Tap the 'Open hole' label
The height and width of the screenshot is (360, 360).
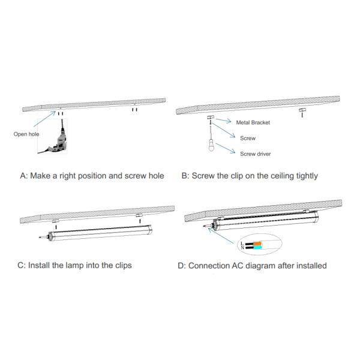pos(26,134)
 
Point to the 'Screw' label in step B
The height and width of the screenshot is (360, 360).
pos(248,138)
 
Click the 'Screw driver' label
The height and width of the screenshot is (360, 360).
pos(256,154)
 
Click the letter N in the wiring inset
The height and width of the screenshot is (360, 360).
pos(241,248)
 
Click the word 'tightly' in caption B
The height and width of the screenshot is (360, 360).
pos(302,176)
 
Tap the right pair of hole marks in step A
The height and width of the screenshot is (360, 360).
pos(135,110)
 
